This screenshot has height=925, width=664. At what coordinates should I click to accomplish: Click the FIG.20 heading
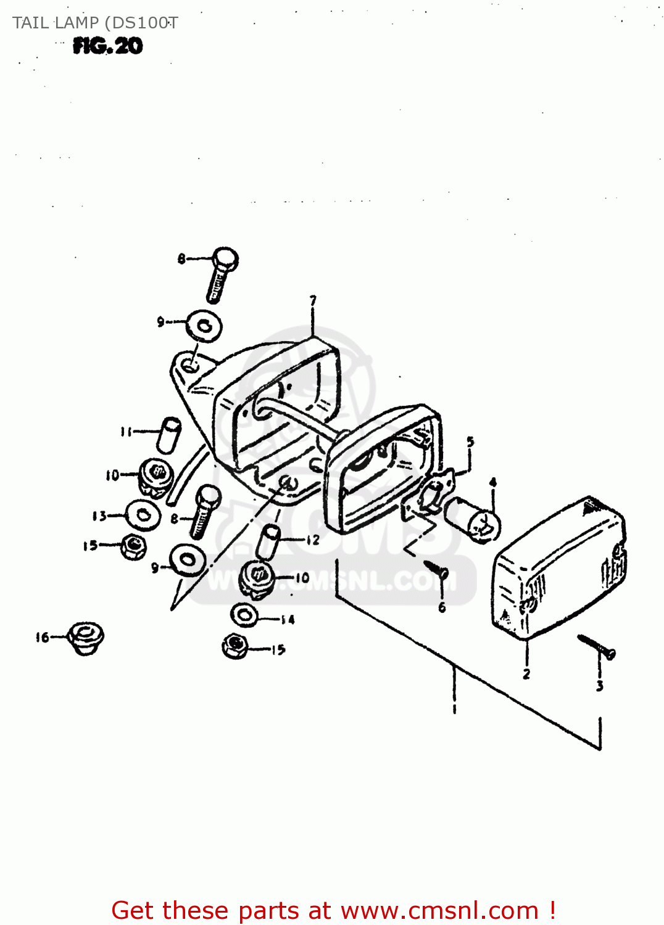point(108,46)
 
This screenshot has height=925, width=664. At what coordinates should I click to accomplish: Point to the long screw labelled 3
point(597,646)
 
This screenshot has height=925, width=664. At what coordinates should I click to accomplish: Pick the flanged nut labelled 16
point(85,638)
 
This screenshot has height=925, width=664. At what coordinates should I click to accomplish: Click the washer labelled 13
point(143,515)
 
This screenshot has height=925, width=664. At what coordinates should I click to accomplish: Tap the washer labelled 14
point(245,614)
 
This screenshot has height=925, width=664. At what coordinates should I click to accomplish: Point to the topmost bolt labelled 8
point(221,274)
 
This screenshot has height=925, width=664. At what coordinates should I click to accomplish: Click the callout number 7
point(313,301)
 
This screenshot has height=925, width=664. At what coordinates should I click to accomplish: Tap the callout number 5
point(470,442)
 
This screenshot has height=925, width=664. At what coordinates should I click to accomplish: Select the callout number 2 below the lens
point(526,674)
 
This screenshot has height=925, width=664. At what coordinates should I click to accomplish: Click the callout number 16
point(42,638)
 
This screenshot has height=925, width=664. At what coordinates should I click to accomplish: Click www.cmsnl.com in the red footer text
point(439,911)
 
